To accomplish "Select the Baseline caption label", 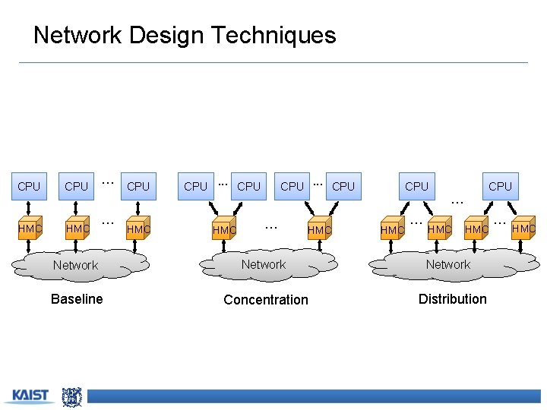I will (77, 299).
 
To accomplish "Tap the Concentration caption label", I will (266, 300).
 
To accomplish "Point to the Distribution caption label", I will (452, 299).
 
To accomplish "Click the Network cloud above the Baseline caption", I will (76, 265).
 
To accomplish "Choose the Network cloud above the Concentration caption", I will (264, 264).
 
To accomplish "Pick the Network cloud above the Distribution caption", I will (448, 264).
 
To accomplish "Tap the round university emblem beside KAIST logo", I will (71, 396).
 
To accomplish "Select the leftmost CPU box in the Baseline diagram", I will (29, 186).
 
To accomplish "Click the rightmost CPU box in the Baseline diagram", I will (138, 186).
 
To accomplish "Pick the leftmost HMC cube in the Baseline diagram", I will (30, 228).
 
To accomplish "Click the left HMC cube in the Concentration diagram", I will (224, 229).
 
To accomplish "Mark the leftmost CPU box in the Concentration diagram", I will (196, 186).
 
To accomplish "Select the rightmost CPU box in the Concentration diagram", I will (343, 186).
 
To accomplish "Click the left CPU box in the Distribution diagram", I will (416, 186).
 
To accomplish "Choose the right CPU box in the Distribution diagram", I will (500, 186).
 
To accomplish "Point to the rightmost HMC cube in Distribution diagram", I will (523, 228).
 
